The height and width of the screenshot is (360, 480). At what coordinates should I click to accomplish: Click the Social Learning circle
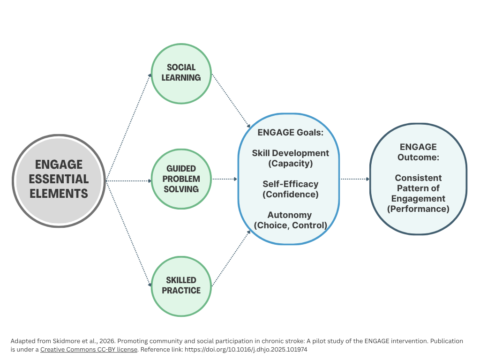pyautogui.click(x=181, y=73)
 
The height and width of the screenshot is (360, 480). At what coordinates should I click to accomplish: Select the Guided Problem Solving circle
pyautogui.click(x=181, y=179)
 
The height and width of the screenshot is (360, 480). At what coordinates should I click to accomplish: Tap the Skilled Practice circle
pyautogui.click(x=181, y=285)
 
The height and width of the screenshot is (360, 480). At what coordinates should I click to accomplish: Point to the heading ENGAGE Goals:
pyautogui.click(x=290, y=133)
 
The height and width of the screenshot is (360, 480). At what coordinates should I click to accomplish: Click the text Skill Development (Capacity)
pyautogui.click(x=290, y=158)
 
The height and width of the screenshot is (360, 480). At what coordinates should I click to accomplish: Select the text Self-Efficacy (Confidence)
pyautogui.click(x=290, y=189)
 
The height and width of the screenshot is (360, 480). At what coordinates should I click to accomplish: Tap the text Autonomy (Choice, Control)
pyautogui.click(x=290, y=220)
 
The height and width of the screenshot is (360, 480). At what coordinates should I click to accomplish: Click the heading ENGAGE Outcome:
pyautogui.click(x=418, y=152)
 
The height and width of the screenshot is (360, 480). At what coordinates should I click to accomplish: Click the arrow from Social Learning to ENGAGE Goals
pyautogui.click(x=231, y=100)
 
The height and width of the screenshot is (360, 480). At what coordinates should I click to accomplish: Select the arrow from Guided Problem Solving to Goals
pyautogui.click(x=225, y=179)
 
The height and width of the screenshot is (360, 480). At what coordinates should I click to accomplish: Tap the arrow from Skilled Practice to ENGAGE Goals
pyautogui.click(x=231, y=259)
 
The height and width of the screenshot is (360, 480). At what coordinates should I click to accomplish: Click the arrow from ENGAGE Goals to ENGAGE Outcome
pyautogui.click(x=355, y=179)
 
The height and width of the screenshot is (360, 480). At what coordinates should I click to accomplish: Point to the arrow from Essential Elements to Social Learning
pyautogui.click(x=129, y=127)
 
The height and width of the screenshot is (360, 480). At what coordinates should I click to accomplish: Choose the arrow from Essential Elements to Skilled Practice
pyautogui.click(x=129, y=233)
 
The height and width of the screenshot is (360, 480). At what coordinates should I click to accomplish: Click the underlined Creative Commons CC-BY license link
pyautogui.click(x=89, y=349)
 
